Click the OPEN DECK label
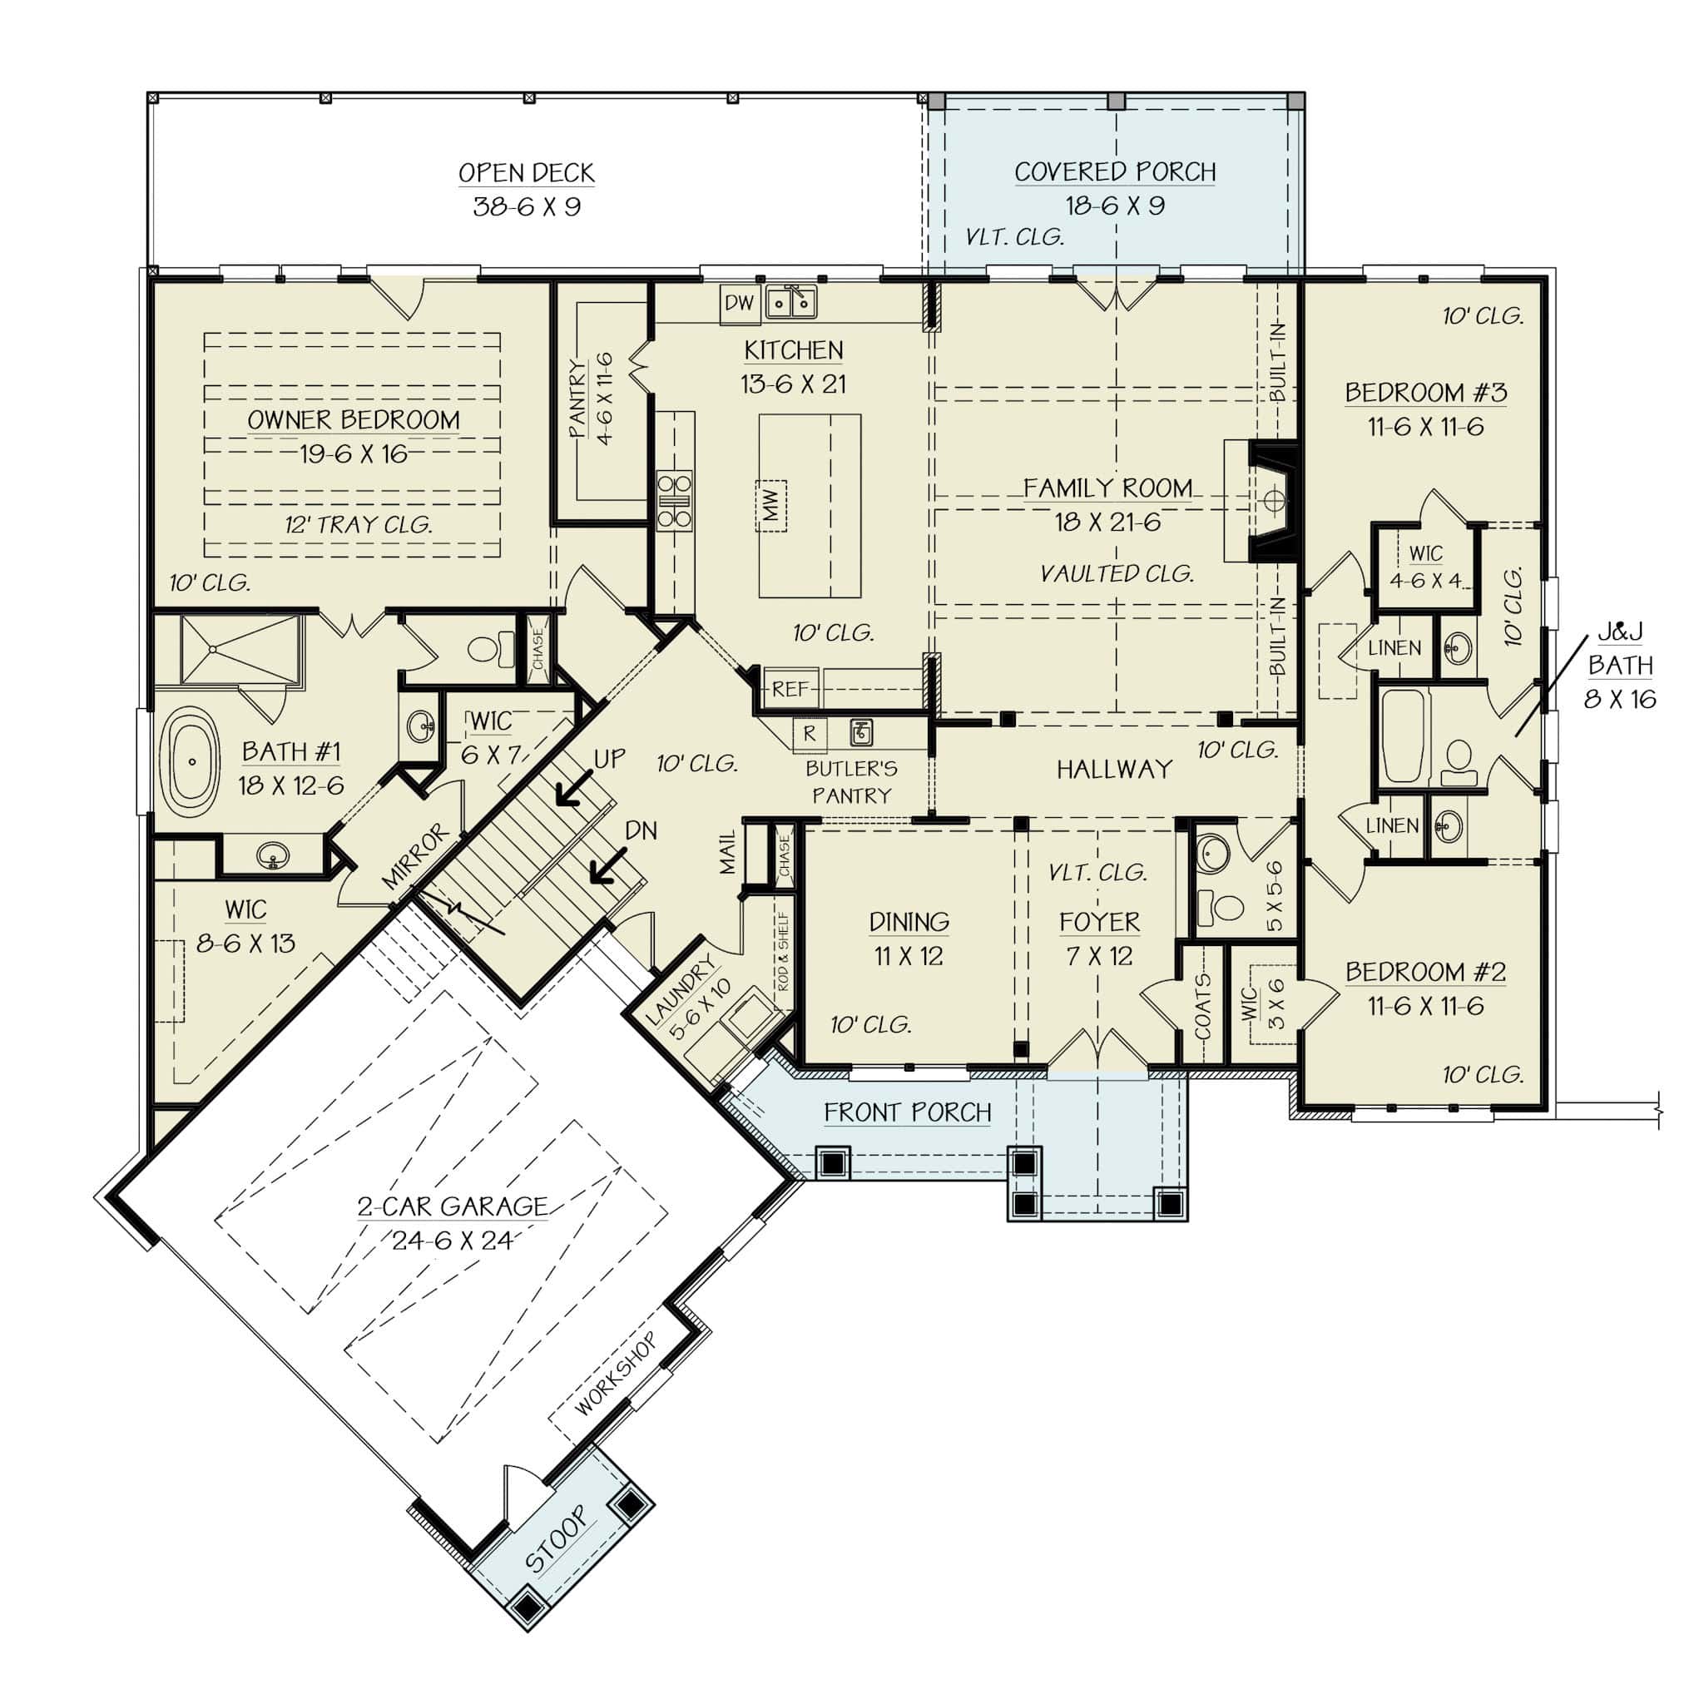pos(527,173)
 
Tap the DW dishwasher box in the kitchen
pos(739,303)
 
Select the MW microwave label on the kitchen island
pos(770,506)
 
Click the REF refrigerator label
pos(790,689)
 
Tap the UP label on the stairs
pos(609,759)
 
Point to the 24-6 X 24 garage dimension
pos(452,1241)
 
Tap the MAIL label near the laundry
pos(728,852)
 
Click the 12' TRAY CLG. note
pos(358,525)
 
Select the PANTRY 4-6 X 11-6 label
pos(591,399)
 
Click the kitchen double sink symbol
pos(790,303)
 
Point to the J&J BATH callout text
pos(1620,665)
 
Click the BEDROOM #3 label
pos(1425,393)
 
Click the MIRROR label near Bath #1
pos(415,856)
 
